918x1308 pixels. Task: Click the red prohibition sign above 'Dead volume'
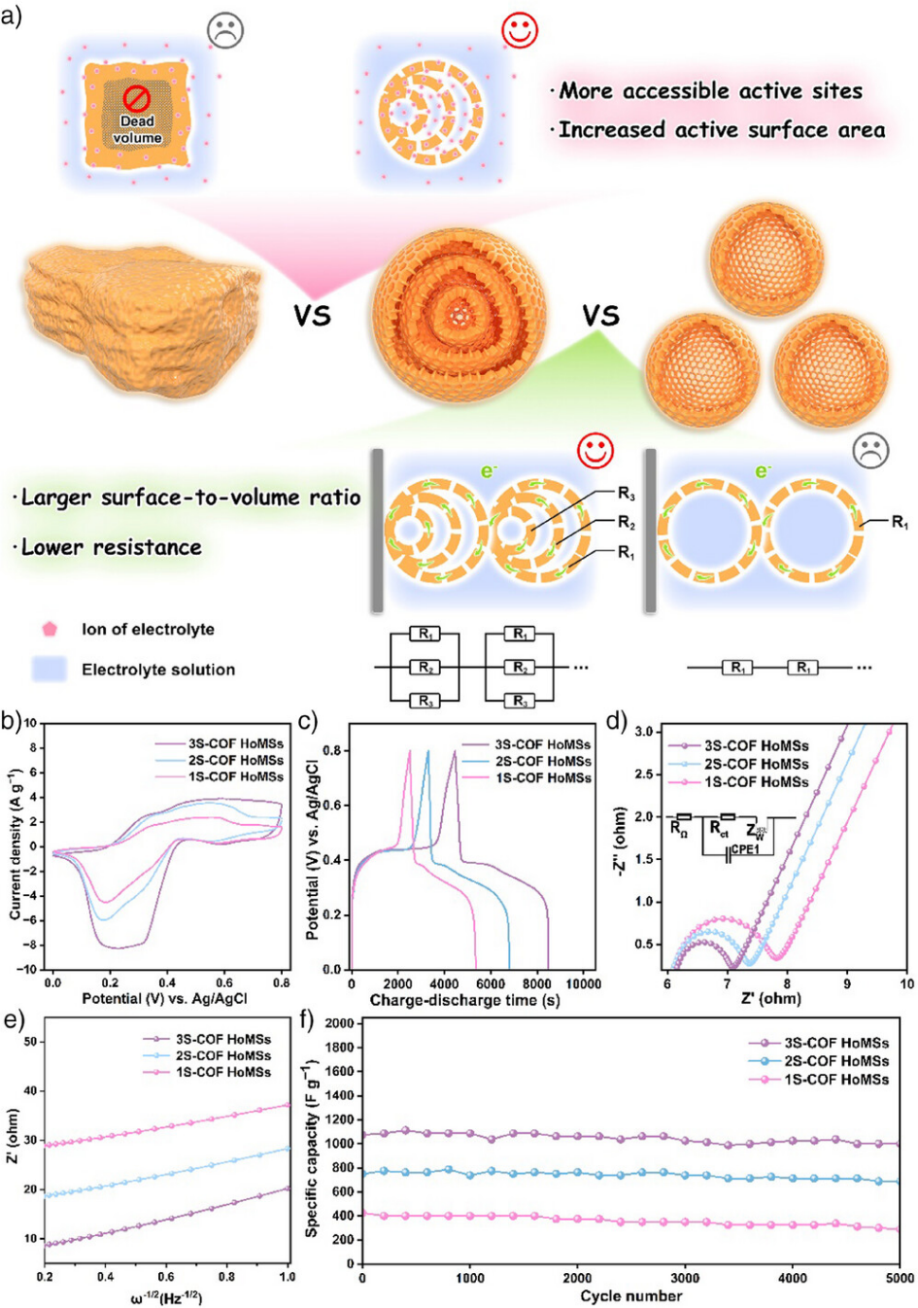point(137,98)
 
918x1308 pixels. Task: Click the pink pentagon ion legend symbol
point(50,629)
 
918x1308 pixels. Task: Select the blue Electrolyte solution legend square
point(50,669)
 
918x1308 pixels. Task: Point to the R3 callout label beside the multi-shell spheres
point(627,495)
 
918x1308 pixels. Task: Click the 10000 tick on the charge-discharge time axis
point(583,983)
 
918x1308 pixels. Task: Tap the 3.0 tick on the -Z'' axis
point(644,731)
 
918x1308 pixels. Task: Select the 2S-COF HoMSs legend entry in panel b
point(235,760)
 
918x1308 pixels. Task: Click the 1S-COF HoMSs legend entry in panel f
point(836,1079)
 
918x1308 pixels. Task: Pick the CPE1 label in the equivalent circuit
point(745,849)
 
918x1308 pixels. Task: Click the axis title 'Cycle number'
point(630,1295)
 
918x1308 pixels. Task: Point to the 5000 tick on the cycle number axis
point(900,1278)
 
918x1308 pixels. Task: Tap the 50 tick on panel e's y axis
point(31,1042)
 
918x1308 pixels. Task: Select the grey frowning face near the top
point(225,30)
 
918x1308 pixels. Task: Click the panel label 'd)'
point(616,722)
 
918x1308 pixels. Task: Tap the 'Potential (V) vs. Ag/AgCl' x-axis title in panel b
point(164,998)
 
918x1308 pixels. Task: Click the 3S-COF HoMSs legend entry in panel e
point(223,1039)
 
